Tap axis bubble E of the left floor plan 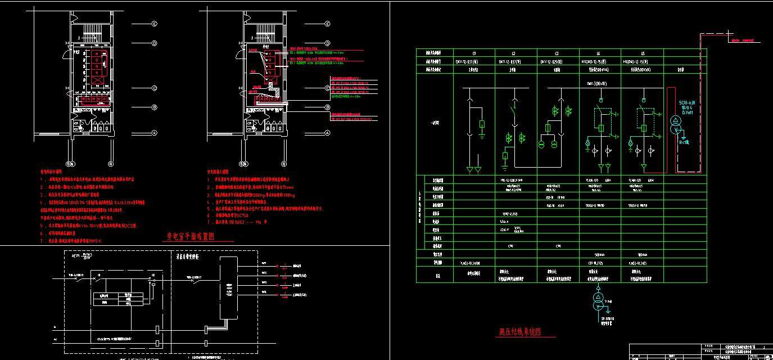pyautogui.click(x=153, y=24)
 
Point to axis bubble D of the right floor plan pyautogui.click(x=328, y=43)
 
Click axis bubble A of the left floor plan pyautogui.click(x=153, y=133)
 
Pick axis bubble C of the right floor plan pyautogui.click(x=328, y=88)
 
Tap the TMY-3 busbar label pyautogui.click(x=596, y=84)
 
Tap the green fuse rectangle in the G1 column pyautogui.click(x=482, y=124)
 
